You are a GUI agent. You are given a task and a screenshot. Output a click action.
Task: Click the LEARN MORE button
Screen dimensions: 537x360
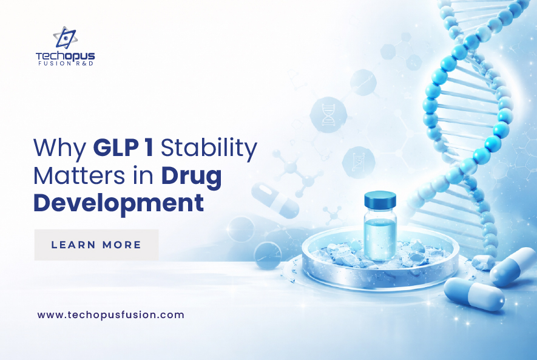96,245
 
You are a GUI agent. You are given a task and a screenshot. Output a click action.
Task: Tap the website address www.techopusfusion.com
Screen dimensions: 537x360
110,314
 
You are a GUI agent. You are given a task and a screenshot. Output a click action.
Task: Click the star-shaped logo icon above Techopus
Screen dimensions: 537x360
65,38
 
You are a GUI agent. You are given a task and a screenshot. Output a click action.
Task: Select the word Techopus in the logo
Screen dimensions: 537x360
65,56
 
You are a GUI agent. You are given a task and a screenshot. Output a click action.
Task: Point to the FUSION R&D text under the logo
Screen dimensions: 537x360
66,63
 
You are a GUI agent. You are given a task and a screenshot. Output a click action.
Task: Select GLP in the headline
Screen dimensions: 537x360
115,148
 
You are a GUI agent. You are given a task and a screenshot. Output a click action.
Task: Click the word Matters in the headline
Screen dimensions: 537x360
79,175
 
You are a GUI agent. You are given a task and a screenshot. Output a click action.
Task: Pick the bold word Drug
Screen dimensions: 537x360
192,177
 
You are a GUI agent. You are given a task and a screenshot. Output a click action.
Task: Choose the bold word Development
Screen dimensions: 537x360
118,204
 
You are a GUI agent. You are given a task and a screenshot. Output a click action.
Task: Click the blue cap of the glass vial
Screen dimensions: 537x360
380,200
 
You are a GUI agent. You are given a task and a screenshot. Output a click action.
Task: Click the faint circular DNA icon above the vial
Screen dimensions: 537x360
328,114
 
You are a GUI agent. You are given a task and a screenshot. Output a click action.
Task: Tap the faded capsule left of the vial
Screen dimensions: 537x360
275,200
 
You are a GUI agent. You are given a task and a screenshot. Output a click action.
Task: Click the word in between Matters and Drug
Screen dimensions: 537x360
143,175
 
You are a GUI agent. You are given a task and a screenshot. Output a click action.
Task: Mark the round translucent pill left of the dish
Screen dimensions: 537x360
268,255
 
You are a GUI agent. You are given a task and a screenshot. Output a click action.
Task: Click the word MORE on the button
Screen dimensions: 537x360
121,245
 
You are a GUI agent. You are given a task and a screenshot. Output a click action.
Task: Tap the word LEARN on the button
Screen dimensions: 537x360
73,245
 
